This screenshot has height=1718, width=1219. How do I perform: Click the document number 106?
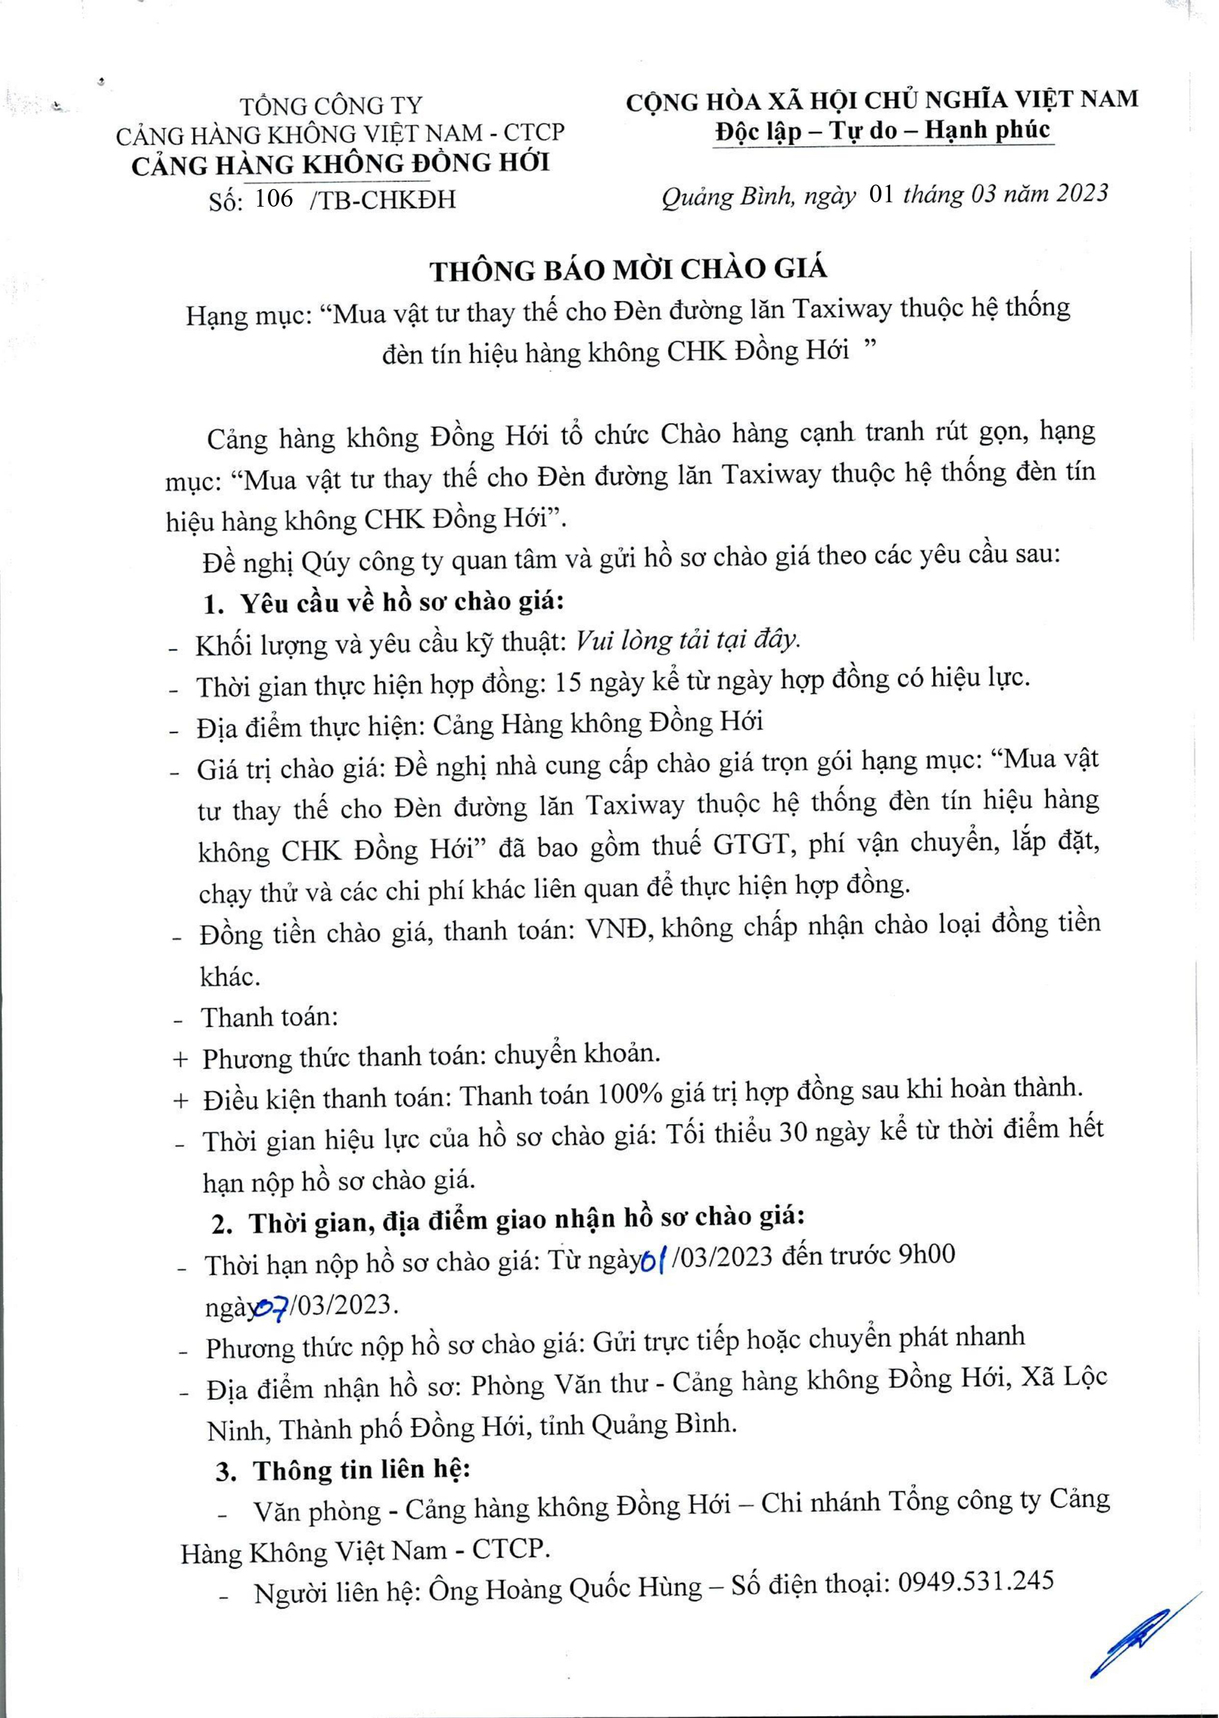[x=273, y=199]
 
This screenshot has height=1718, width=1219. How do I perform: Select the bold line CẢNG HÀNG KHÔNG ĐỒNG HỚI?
[x=340, y=163]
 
